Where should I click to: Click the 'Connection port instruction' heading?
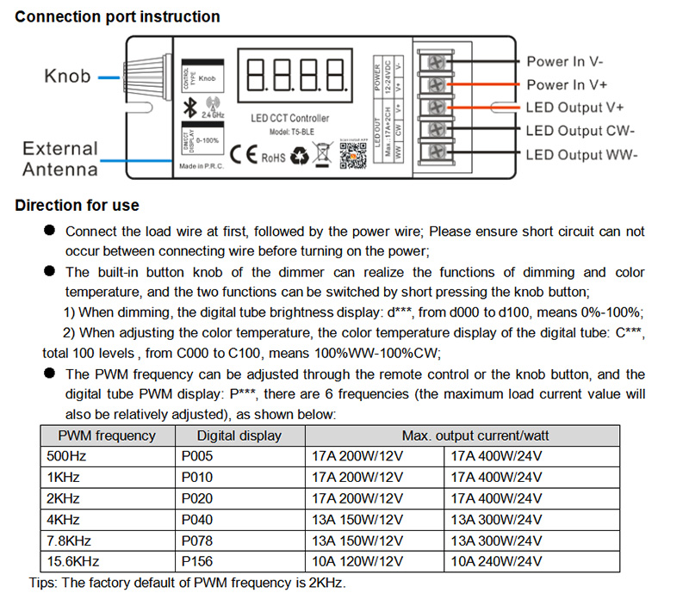117,16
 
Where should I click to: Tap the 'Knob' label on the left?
67,77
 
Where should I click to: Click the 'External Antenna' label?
60,159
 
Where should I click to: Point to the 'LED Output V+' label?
574,108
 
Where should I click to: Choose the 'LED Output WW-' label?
580,154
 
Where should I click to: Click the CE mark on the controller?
245,157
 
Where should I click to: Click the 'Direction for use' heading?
78,206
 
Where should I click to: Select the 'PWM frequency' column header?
106,435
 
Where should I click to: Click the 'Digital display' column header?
239,435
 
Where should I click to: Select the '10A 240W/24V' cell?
497,561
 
